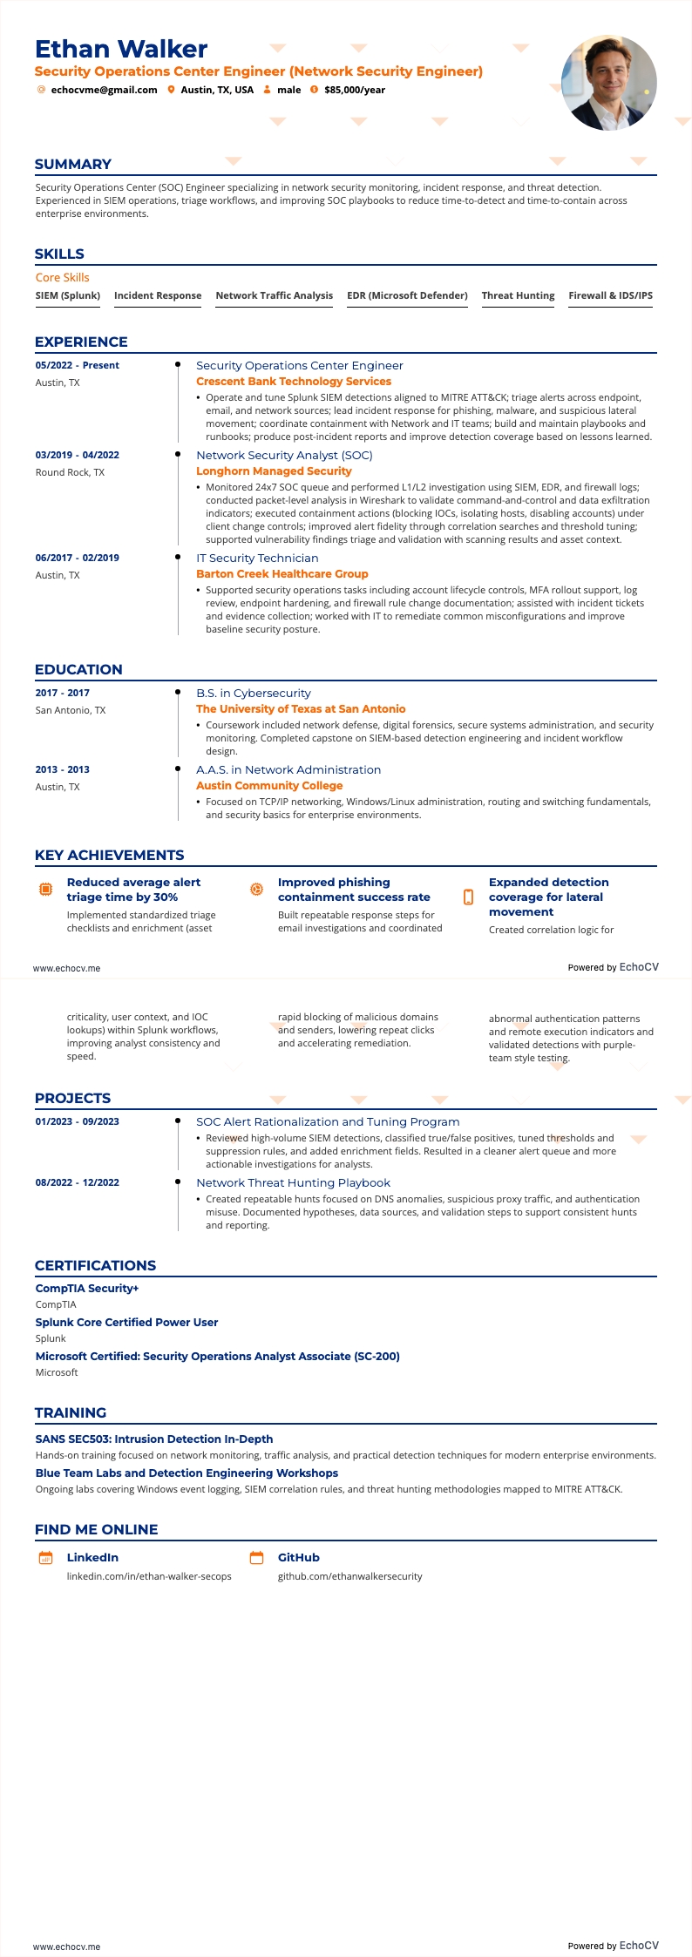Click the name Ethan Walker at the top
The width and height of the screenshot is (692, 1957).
121,49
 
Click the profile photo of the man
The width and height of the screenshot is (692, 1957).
608,83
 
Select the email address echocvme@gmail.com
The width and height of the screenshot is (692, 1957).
104,90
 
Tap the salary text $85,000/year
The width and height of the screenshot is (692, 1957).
355,90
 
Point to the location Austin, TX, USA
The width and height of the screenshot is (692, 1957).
217,90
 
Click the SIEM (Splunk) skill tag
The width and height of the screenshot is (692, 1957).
68,295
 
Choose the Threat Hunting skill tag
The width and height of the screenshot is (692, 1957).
518,295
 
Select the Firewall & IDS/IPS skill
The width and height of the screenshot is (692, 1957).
610,295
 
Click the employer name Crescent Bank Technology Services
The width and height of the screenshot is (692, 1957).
294,382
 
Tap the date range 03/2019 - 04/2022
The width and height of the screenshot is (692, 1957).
78,455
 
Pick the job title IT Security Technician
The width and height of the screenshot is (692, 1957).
257,558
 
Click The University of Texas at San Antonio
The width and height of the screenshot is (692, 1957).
301,709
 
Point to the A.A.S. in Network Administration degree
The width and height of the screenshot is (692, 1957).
288,770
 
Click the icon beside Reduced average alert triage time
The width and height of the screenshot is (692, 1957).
46,890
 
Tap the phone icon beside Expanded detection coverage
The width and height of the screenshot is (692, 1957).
468,897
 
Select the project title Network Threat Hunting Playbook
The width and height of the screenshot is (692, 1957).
293,1183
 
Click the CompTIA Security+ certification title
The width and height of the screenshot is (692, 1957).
87,1289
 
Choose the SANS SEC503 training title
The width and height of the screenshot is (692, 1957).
154,1439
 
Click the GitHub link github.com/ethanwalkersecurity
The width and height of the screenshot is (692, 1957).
349,1576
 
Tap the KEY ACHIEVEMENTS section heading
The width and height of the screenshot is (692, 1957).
110,856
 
